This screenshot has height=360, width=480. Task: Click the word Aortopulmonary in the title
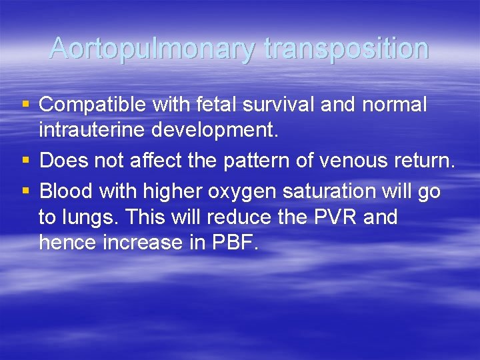coord(153,49)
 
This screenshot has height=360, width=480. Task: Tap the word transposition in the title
coord(346,49)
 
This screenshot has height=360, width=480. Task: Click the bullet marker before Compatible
coord(26,105)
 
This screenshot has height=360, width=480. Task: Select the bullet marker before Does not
coord(26,161)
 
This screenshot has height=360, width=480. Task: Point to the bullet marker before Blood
coord(26,191)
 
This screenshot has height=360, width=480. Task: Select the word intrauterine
coord(92,131)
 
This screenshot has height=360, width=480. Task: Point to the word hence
coord(68,243)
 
